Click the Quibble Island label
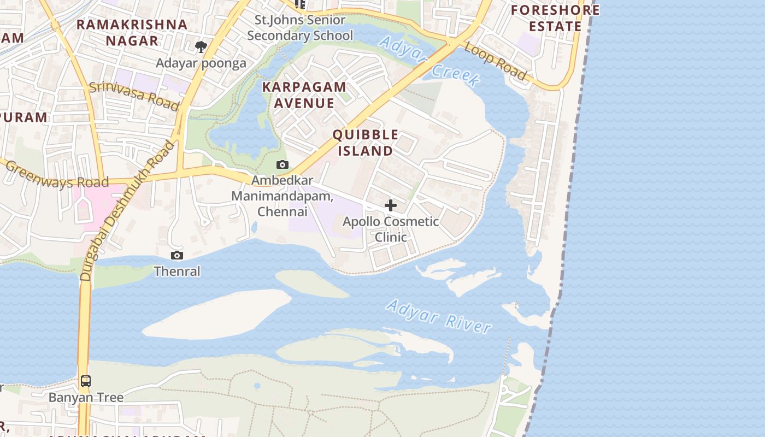tap(365, 143)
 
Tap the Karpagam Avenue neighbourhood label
tap(304, 95)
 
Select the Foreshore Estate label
tap(555, 18)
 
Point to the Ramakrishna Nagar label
tap(132, 32)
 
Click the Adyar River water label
tap(439, 316)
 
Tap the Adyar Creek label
tap(429, 60)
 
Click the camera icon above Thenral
tap(176, 256)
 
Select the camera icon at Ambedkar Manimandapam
tap(282, 164)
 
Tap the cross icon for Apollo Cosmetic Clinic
tap(391, 205)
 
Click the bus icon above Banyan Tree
tap(86, 381)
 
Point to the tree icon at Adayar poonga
tap(201, 47)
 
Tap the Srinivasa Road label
tap(134, 95)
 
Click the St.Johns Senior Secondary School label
tap(300, 28)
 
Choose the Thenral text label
tap(177, 271)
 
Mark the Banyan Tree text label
tap(86, 397)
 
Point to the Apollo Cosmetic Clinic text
tap(391, 229)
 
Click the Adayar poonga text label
tap(201, 63)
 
